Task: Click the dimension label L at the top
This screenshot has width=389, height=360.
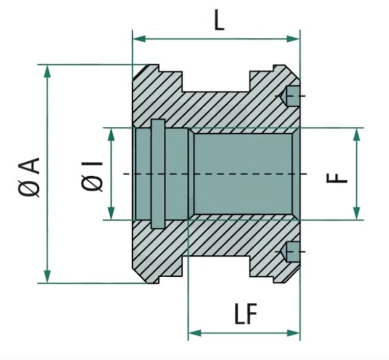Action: click(219, 20)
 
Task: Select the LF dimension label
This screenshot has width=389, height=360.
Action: click(246, 314)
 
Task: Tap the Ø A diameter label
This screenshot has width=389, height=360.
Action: click(29, 177)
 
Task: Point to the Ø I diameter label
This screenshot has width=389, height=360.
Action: click(92, 176)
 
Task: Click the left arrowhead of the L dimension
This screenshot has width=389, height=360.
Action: click(139, 39)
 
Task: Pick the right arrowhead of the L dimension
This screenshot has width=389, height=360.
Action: click(293, 39)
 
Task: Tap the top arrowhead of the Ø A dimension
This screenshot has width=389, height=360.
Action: click(47, 71)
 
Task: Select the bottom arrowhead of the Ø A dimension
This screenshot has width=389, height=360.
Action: click(47, 276)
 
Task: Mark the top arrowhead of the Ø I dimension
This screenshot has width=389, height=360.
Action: click(111, 134)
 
